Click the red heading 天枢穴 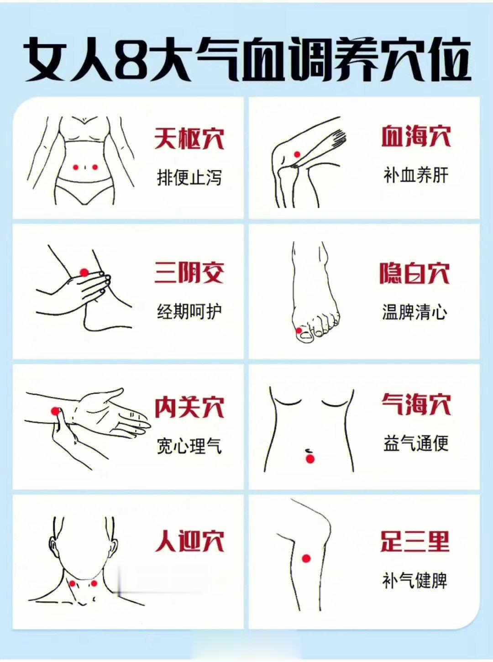point(189,138)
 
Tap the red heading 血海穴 point(416,136)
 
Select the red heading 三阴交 point(189,273)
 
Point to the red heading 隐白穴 point(414,273)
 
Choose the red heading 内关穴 point(189,407)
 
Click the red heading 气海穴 point(416,404)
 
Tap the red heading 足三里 point(414,541)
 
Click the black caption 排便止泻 point(189,177)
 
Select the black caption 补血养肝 point(416,175)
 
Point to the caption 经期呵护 point(189,312)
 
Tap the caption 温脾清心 point(414,312)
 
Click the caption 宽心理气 point(189,446)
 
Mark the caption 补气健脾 point(414,581)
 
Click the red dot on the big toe point(299,330)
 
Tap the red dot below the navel point(310,459)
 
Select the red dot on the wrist point(55,411)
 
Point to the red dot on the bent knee point(296,154)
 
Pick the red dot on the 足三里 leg point(306,558)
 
